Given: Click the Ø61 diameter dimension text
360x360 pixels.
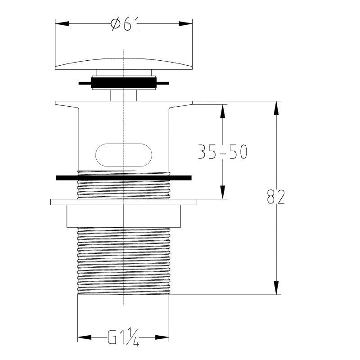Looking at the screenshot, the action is coord(125,24).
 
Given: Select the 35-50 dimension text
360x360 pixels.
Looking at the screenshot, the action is coord(222,152).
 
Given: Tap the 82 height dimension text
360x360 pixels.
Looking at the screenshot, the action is coord(276,197).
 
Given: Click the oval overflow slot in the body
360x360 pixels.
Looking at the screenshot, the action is coord(124,155).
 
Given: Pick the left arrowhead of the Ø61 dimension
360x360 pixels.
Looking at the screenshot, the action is coord(62,24).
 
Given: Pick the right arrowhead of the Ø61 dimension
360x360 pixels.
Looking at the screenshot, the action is coord(185,24).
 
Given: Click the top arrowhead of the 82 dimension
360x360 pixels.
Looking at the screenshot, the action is coord(276,108).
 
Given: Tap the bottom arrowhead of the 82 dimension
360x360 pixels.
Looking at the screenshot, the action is coord(276,288).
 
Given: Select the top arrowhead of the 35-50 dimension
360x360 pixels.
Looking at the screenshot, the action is coord(222,111).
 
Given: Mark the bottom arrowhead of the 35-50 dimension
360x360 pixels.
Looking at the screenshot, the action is coord(222,192).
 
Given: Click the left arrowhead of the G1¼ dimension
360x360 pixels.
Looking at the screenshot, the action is coord(85,337).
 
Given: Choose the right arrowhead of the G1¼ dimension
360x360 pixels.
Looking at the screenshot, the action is coord(162,337).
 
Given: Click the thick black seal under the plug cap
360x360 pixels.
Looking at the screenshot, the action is coord(124,83).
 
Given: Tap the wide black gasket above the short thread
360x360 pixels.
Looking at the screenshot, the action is coord(124,178).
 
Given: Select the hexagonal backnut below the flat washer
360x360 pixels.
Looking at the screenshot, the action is coord(124,216).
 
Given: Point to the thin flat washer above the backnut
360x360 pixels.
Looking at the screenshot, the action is coord(124,202).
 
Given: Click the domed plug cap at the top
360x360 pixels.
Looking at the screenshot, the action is coord(124,63).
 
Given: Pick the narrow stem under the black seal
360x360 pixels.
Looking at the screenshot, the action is coord(124,95).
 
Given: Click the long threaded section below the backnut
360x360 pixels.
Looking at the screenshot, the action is coord(124,261).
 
